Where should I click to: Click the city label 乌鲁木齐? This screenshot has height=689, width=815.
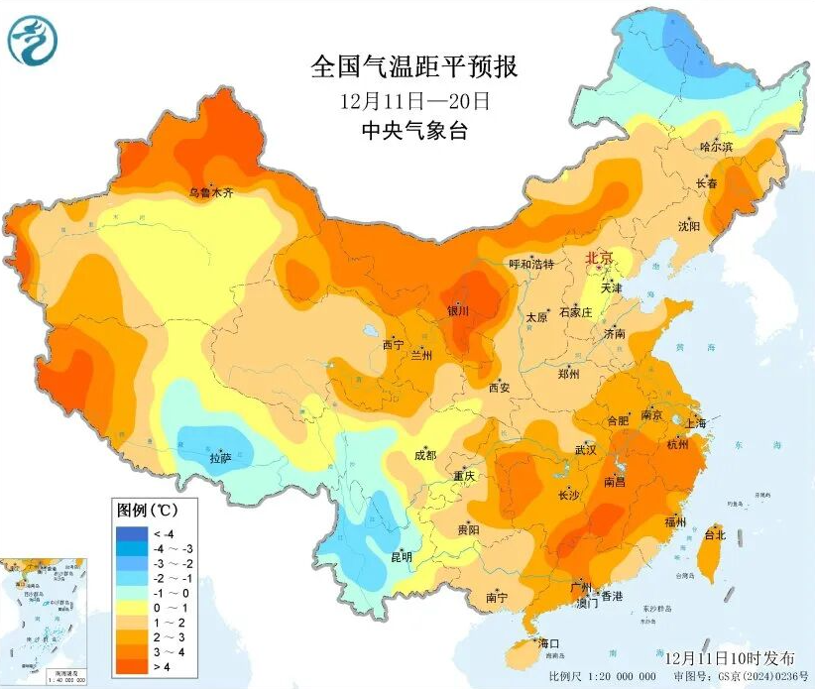[x=211, y=192]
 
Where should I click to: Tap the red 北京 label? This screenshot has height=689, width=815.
[x=600, y=258]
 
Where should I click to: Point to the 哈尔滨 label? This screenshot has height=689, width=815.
[x=716, y=147]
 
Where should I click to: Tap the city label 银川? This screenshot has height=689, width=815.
[x=457, y=310]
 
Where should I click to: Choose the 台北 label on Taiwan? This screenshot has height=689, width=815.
[x=715, y=534]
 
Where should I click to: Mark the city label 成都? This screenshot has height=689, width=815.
[x=425, y=456]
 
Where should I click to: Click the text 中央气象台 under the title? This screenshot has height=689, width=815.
[x=413, y=130]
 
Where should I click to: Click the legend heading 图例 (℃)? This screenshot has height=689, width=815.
[x=147, y=512]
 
